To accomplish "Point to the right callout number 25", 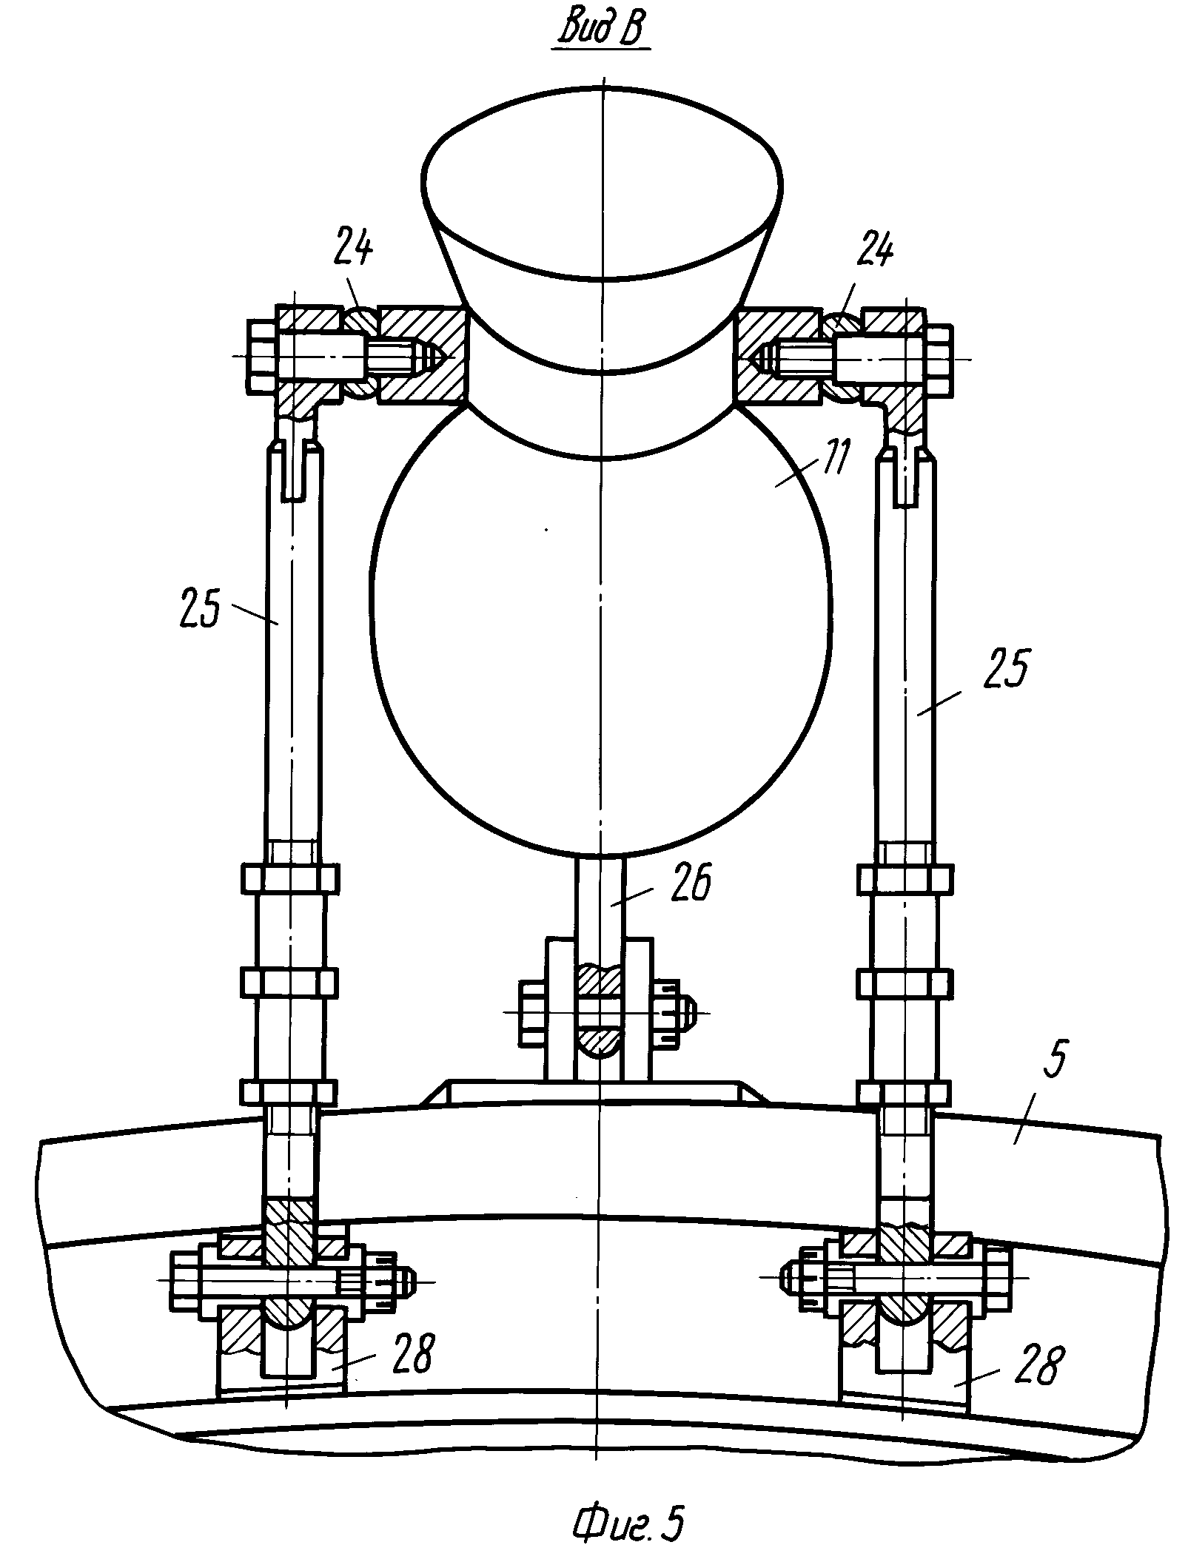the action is tap(1005, 668).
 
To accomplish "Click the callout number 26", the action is tap(689, 883).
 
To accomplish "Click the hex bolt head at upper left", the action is tap(264, 357).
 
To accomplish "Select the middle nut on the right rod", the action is tap(904, 982).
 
